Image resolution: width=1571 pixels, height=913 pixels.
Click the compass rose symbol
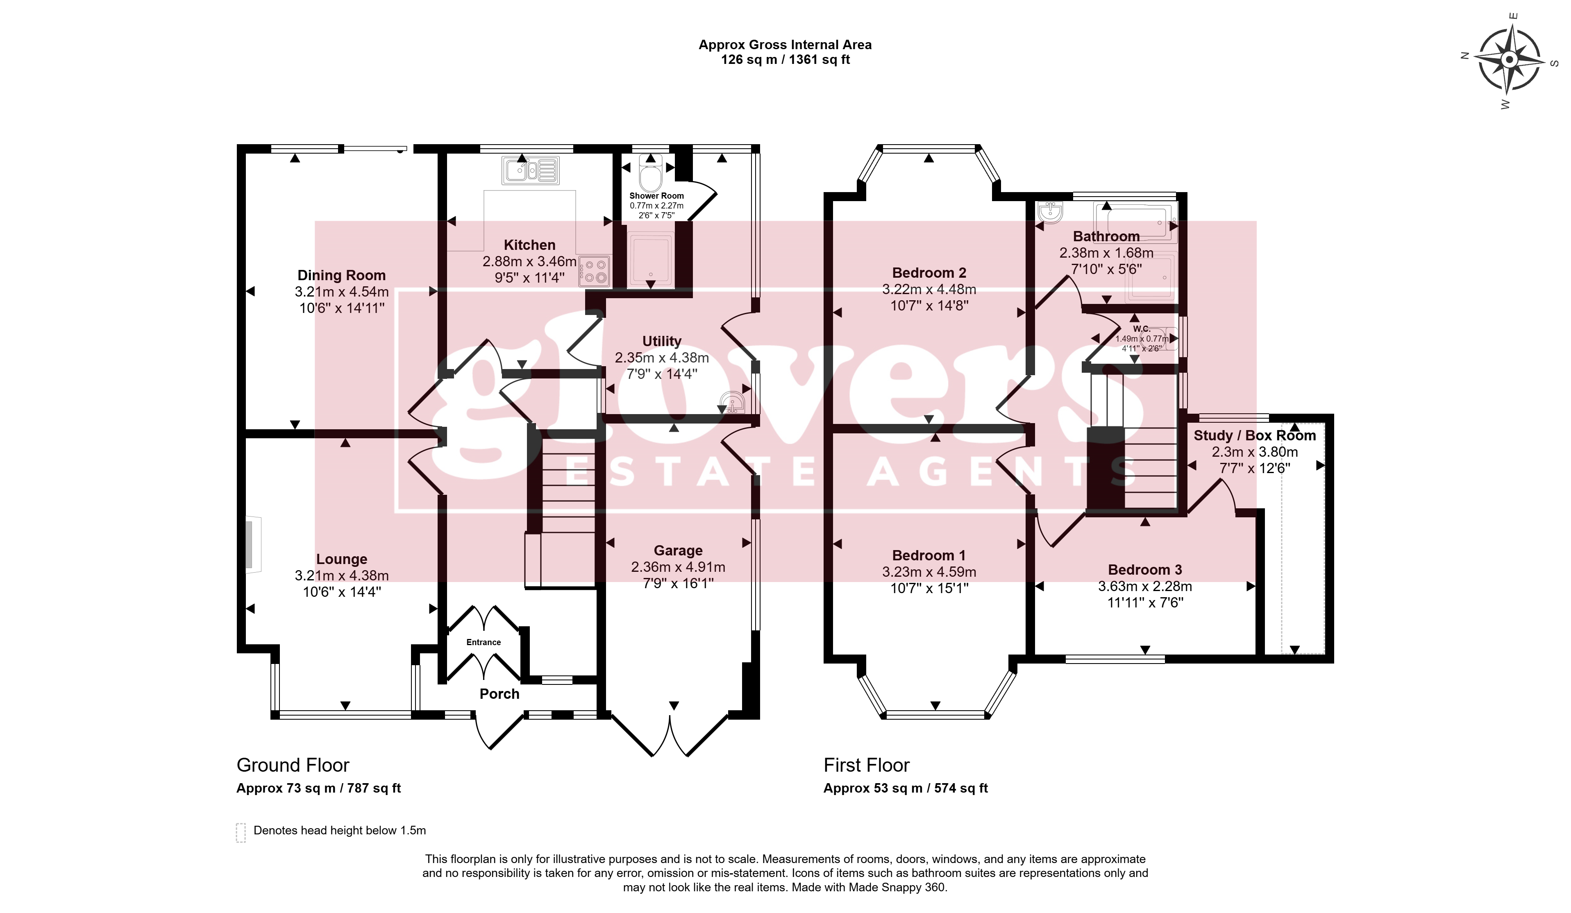coord(1509,60)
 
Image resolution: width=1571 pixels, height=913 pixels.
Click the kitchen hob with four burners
coord(595,271)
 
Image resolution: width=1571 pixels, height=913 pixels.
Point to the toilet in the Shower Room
coord(651,172)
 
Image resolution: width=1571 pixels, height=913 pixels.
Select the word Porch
coord(499,693)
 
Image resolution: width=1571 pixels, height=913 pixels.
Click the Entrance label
coord(484,642)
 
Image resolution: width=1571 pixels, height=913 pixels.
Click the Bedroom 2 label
coord(929,272)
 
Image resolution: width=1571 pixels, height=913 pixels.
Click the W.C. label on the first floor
coord(1141,328)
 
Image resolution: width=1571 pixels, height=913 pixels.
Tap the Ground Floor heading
coord(293,765)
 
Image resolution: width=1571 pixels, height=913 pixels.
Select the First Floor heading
coord(867,765)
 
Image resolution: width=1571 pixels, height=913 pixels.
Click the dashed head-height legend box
coord(241,833)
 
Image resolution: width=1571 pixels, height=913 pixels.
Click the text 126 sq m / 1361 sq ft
coord(785,60)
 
